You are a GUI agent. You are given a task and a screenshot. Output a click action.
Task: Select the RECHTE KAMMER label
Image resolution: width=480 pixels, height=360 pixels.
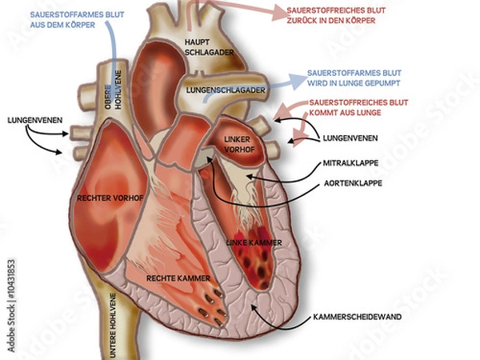178,278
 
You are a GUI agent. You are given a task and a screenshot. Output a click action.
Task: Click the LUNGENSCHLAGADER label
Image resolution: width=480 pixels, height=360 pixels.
226,91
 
